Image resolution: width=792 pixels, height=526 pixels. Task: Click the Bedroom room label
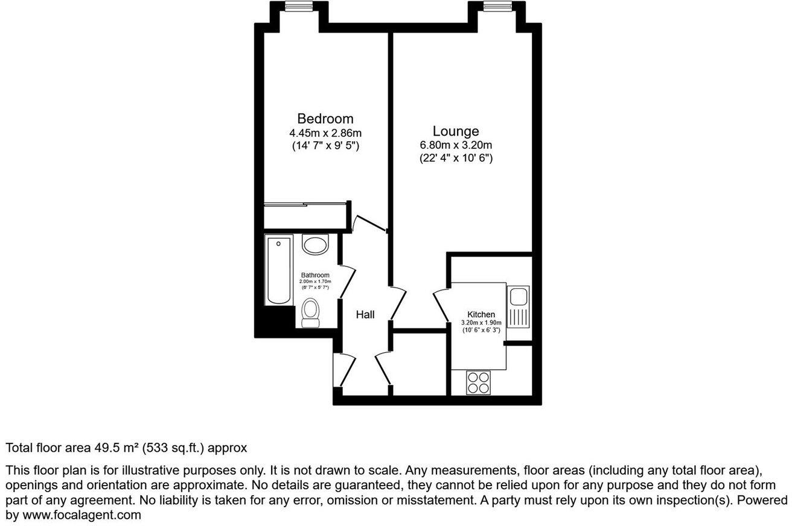tap(325, 118)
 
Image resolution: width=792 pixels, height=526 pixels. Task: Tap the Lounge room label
tap(456, 131)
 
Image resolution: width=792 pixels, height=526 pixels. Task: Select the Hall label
tap(365, 314)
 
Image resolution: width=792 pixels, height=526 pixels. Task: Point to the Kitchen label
tap(481, 314)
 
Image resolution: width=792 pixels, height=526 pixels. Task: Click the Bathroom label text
tap(315, 275)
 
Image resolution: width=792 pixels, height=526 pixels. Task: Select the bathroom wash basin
tap(314, 245)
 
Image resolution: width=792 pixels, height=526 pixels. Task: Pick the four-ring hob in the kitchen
tap(479, 382)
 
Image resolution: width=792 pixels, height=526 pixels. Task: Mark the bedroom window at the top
tap(298, 7)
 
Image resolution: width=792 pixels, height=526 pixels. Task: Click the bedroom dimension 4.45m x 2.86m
tap(325, 133)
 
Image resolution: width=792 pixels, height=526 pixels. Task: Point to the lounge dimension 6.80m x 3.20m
tap(456, 145)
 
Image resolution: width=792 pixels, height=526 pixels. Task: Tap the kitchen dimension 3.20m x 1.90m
tap(481, 323)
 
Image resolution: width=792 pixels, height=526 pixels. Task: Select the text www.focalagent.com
tap(82, 515)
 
